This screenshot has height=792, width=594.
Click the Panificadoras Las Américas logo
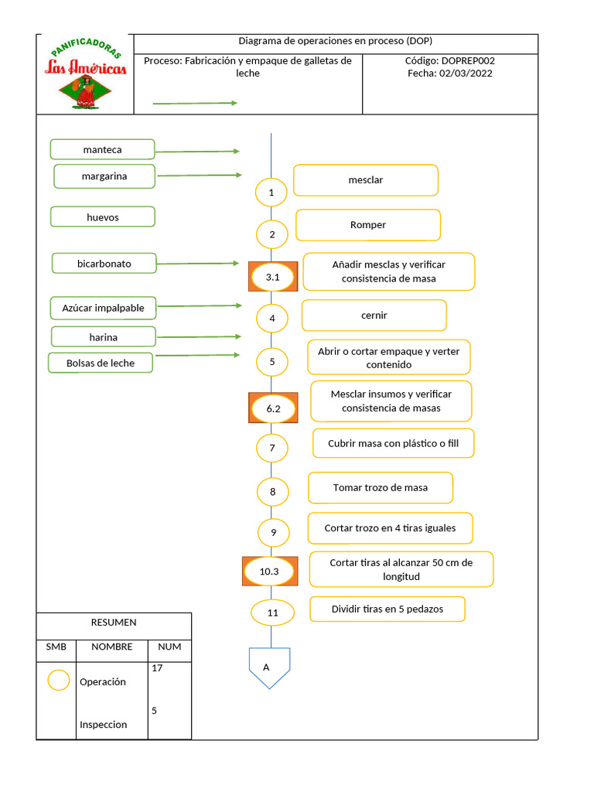click(x=85, y=74)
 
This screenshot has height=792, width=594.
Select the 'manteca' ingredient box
click(x=102, y=149)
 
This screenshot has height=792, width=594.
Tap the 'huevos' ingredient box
click(x=102, y=217)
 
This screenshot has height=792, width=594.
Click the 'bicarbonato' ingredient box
click(x=104, y=264)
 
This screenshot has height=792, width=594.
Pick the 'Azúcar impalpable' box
click(x=103, y=308)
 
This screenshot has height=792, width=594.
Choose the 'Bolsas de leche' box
click(x=101, y=363)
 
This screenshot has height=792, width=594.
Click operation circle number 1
click(x=271, y=192)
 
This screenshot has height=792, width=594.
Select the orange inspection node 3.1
click(x=272, y=276)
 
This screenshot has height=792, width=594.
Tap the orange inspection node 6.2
click(x=273, y=408)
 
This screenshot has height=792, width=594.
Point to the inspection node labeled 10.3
click(x=269, y=572)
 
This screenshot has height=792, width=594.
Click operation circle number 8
click(x=272, y=491)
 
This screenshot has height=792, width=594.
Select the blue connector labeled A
click(x=269, y=667)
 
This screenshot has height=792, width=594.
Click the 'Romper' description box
click(x=368, y=225)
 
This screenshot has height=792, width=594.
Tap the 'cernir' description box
click(x=374, y=316)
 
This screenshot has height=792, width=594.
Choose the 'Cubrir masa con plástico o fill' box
click(x=393, y=444)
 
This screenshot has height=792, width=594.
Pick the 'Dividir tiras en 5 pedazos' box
click(x=387, y=609)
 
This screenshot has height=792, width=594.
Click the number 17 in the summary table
click(x=157, y=668)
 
